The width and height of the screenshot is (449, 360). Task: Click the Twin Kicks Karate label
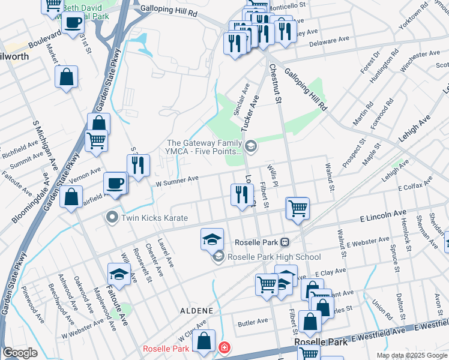(155, 218)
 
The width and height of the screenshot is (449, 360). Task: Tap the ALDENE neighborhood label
(196, 310)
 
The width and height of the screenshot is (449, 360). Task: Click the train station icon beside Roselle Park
(285, 242)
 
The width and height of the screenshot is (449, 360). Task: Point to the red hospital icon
(224, 348)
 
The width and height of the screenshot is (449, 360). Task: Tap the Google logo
(20, 353)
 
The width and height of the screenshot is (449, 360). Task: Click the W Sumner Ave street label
(177, 179)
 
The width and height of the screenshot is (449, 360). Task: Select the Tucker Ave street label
(249, 115)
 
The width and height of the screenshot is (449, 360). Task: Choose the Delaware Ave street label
(329, 41)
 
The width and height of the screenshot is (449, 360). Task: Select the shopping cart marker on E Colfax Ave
(298, 209)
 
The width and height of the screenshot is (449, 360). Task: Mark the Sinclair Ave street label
(245, 93)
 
